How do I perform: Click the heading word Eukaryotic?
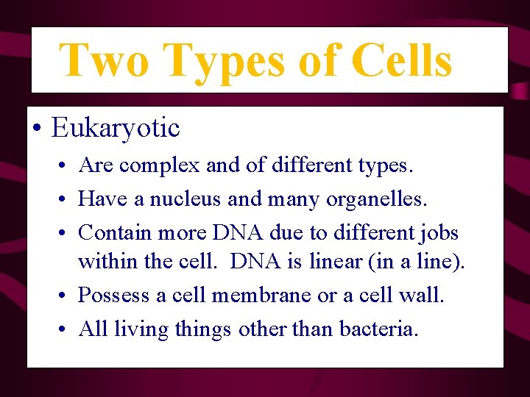pos(116,128)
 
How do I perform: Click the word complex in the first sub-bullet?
pos(159,166)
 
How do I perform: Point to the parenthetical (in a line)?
pos(424,260)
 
